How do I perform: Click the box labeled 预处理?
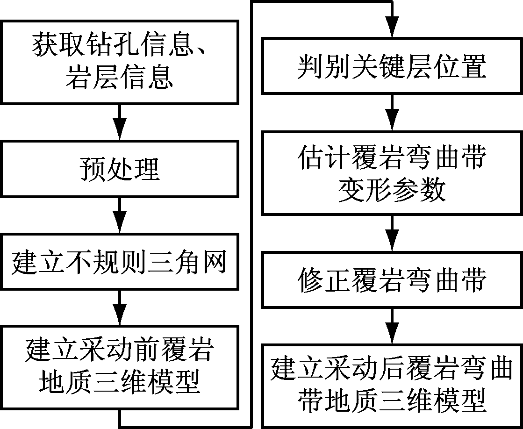tap(120, 169)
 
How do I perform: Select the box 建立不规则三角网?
tap(120, 263)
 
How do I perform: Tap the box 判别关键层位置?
tap(392, 66)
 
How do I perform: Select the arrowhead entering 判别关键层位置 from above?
tap(392, 29)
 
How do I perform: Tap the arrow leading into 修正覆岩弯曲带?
tap(392, 233)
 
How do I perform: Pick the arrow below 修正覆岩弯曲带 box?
tap(392, 326)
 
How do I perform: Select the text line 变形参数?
tap(392, 190)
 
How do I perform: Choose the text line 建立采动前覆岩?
tap(120, 350)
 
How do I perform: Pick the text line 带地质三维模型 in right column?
tap(392, 400)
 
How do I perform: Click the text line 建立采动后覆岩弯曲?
tap(392, 369)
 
